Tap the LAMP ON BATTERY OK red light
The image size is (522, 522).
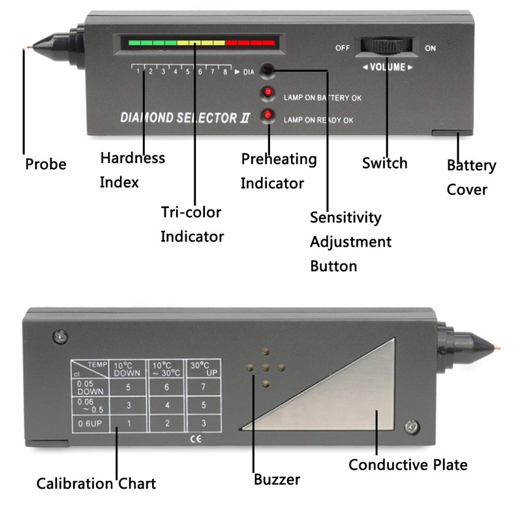pyautogui.click(x=268, y=94)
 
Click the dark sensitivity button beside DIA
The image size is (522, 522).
pyautogui.click(x=268, y=70)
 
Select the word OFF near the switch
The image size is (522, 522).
pyautogui.click(x=343, y=48)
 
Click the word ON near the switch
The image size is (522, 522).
pyautogui.click(x=431, y=48)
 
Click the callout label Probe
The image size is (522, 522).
pyautogui.click(x=46, y=164)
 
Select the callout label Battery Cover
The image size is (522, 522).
pyautogui.click(x=471, y=177)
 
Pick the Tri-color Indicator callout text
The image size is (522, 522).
pyautogui.click(x=192, y=224)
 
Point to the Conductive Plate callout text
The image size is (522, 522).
pyautogui.click(x=408, y=465)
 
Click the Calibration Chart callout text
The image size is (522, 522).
pyautogui.click(x=96, y=484)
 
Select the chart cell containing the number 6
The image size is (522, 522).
pyautogui.click(x=167, y=387)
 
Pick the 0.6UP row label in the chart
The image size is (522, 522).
pyautogui.click(x=90, y=425)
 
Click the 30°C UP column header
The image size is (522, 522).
pyautogui.click(x=204, y=369)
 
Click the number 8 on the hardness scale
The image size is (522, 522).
pyautogui.click(x=225, y=72)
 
